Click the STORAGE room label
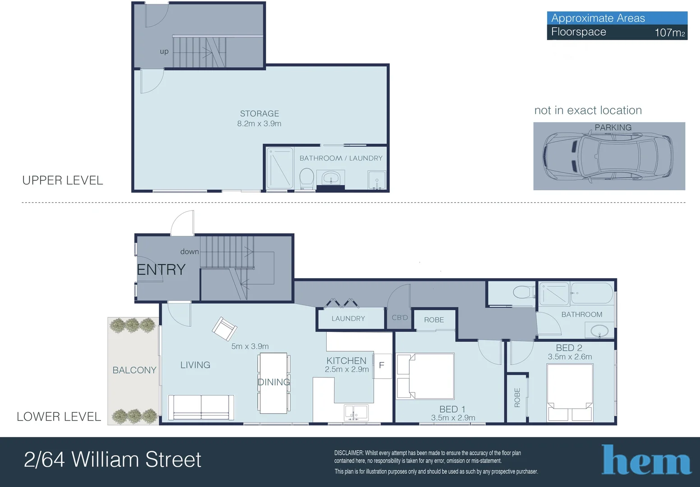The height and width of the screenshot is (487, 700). pos(259,114)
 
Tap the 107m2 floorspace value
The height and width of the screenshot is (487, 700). pos(669,32)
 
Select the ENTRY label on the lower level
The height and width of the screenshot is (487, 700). pos(161,270)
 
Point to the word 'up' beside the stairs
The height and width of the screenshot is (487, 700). pos(164,51)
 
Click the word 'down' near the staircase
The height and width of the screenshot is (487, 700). pos(189,252)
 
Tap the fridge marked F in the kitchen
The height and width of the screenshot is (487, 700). pos(382,365)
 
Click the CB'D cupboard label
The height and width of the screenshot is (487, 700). pos(400,317)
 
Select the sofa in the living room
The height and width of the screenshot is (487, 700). pos(201,407)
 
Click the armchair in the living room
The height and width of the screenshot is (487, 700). pos(224,329)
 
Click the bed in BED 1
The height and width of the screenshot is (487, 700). pos(425,377)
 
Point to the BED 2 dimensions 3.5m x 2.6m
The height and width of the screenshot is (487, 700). pos(570,357)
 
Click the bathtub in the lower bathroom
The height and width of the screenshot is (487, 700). pos(592,293)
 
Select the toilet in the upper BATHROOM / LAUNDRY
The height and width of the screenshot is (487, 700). pos(307,179)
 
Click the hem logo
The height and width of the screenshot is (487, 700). pos(646,460)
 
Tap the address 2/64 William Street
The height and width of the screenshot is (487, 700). pos(112,459)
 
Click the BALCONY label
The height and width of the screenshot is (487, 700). pos(134,370)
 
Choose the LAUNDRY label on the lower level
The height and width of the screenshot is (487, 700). pos(348,318)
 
